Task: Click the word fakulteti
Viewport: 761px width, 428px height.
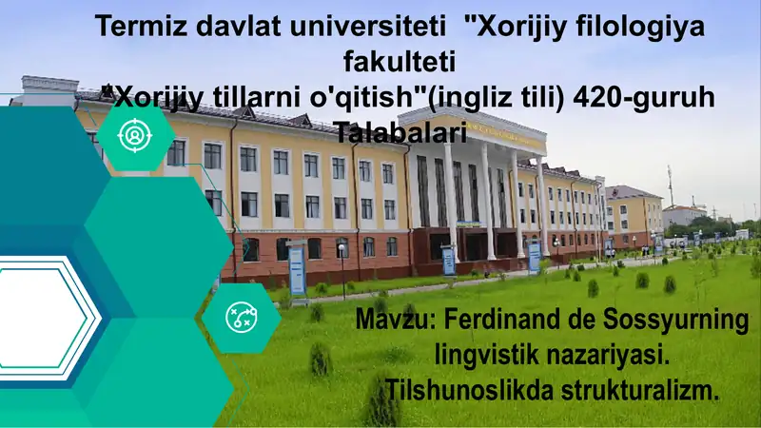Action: (x=399, y=62)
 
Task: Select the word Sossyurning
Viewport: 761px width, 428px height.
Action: (x=678, y=321)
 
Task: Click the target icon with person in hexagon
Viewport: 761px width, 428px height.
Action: (x=136, y=135)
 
